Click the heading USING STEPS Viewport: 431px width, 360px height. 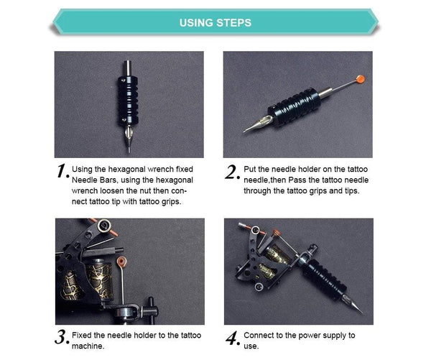coord(215,22)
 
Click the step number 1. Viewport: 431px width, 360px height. coord(62,172)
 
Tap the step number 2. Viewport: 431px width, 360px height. coord(231,172)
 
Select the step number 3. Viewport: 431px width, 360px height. coord(62,336)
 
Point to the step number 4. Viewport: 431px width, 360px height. coord(231,336)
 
